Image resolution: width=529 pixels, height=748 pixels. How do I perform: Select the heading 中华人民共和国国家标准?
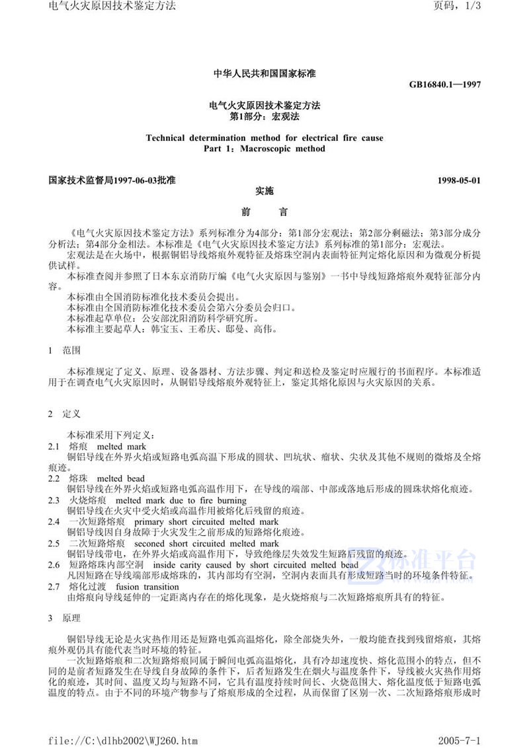(x=264, y=74)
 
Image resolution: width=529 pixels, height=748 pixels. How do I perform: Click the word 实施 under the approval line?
(x=264, y=190)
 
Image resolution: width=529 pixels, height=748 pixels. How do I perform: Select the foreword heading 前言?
(x=264, y=213)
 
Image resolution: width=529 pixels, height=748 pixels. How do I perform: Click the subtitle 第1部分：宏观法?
(x=264, y=116)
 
